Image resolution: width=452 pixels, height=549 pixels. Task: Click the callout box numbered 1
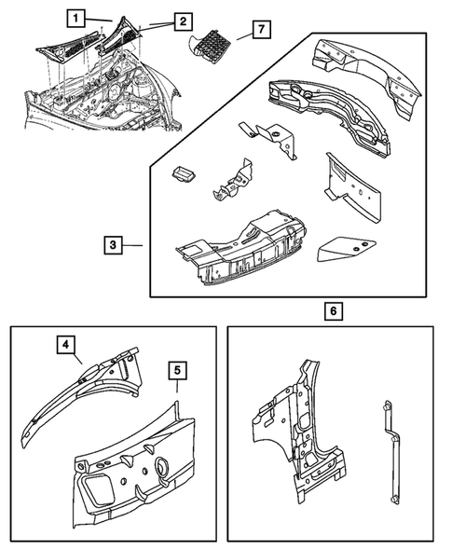(x=76, y=19)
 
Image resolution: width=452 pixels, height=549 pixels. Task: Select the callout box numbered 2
(x=183, y=21)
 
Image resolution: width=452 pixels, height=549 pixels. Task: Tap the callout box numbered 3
(x=113, y=245)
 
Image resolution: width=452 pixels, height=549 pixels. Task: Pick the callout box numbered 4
(x=66, y=345)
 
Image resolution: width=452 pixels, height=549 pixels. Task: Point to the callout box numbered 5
(x=177, y=371)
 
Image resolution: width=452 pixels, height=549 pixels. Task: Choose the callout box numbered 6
(x=334, y=311)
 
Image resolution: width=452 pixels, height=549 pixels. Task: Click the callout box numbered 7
(x=261, y=30)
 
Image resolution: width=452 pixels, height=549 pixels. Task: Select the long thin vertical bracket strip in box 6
(x=391, y=453)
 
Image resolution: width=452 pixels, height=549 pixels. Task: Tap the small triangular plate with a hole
(x=346, y=249)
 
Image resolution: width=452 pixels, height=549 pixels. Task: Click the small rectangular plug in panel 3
(x=184, y=174)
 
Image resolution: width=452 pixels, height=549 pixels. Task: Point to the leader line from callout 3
(x=132, y=245)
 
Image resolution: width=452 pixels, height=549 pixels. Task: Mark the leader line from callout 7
(x=244, y=35)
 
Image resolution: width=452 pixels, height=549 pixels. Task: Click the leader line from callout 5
(x=177, y=386)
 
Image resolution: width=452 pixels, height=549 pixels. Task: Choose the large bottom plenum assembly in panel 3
(x=241, y=249)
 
